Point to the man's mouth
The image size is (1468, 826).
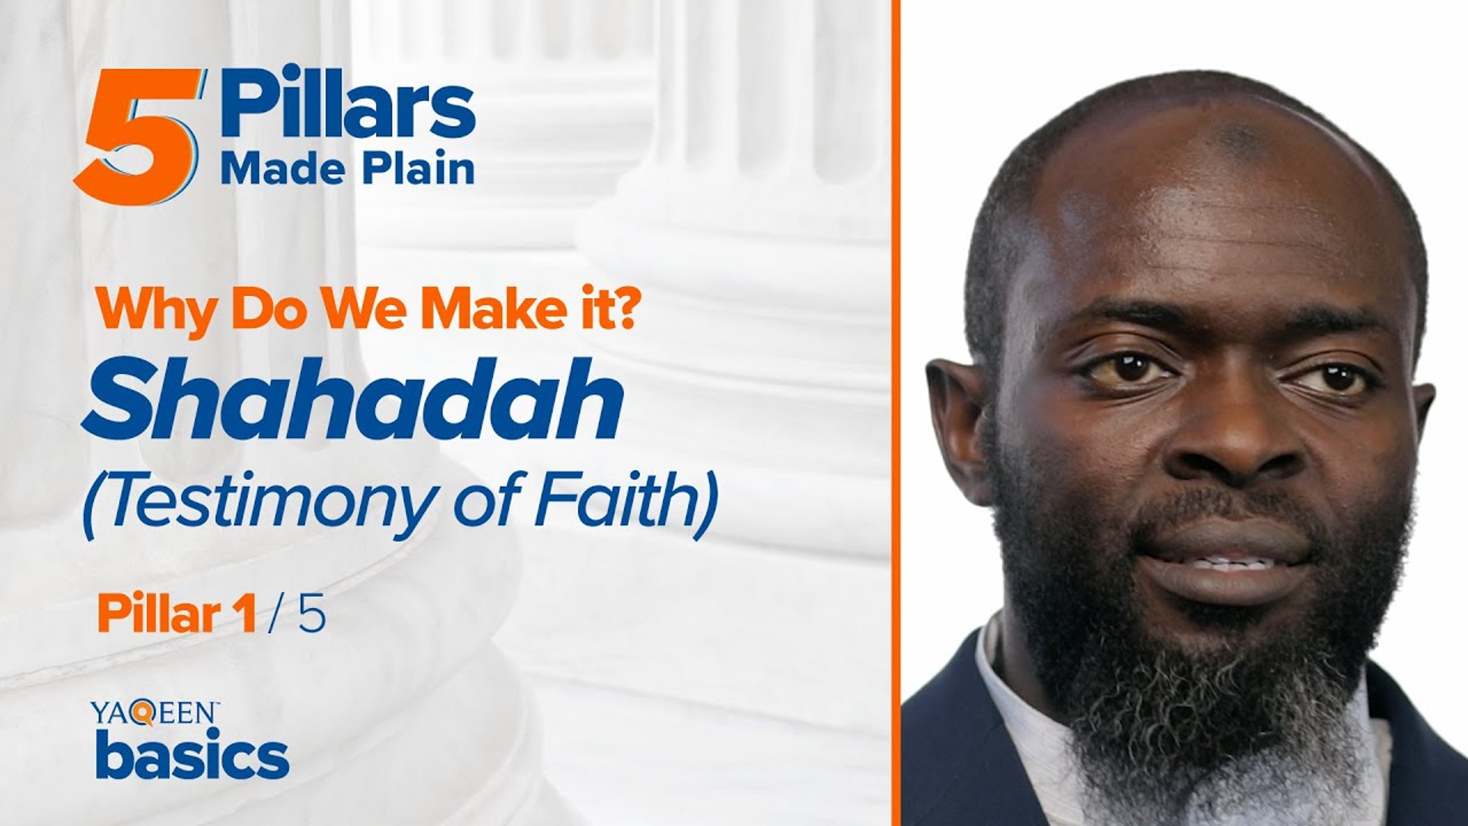1225,564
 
